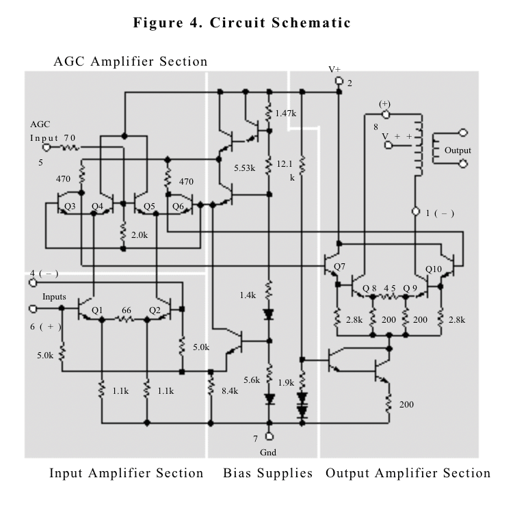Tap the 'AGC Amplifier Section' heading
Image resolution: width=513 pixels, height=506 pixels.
[130, 62]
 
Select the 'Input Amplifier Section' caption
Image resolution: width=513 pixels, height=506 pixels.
[126, 473]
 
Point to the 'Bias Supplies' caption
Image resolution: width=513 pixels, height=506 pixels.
[267, 473]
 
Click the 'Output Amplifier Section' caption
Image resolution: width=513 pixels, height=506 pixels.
[408, 473]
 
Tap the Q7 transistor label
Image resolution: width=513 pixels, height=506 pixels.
[339, 266]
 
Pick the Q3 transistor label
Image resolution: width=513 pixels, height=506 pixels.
[70, 206]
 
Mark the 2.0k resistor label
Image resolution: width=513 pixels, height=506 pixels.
[139, 235]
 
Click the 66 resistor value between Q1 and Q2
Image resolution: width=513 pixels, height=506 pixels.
[126, 310]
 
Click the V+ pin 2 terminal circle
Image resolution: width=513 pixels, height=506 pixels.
[339, 81]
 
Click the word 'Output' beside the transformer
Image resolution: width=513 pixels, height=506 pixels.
[458, 150]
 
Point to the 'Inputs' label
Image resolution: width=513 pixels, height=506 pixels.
[53, 297]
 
